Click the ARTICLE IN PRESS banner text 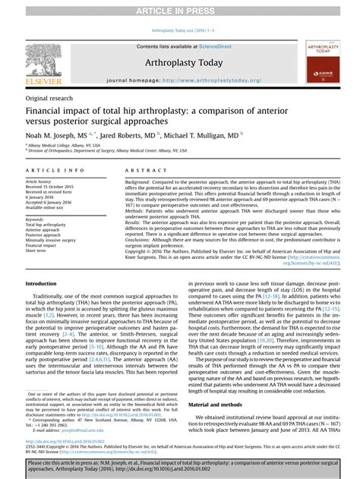pos(180,8)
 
